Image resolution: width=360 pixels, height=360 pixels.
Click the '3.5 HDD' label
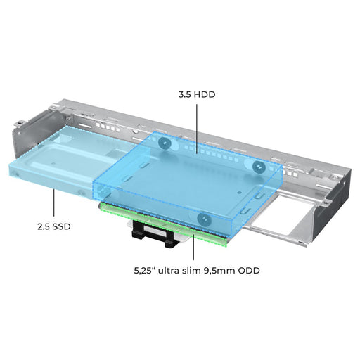coord(197,94)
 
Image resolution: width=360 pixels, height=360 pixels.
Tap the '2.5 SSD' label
coord(54,226)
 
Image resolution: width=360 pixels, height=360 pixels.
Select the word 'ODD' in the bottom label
coord(249,271)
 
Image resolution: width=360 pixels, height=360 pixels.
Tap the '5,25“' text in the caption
coord(145,271)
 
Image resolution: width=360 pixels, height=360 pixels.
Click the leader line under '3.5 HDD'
coord(197,129)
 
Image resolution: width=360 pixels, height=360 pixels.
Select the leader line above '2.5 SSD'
coord(54,202)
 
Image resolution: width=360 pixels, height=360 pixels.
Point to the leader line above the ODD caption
coord(193,244)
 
